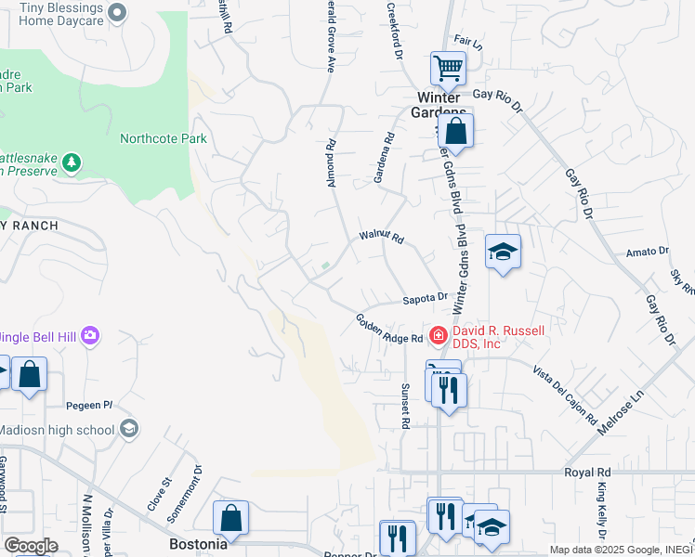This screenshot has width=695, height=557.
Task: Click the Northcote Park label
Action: [163, 139]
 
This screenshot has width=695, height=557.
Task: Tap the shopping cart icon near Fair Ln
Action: [448, 68]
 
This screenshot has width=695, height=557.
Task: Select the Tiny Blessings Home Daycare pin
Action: [117, 12]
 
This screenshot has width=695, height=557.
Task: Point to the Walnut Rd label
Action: [382, 239]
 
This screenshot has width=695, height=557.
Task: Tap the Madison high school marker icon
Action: [129, 429]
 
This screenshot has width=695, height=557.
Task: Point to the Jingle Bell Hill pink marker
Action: [90, 334]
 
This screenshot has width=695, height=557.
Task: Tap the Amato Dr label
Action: [647, 252]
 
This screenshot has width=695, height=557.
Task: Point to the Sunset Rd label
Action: [405, 406]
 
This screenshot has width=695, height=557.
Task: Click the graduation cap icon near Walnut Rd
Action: [503, 252]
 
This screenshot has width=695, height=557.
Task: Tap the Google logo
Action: [31, 546]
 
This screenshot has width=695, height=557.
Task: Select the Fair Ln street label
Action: [469, 44]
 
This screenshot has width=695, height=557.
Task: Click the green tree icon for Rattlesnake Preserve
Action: [72, 163]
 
